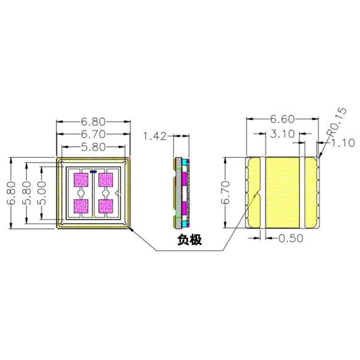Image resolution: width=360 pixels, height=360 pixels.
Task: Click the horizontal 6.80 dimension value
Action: (x=93, y=122)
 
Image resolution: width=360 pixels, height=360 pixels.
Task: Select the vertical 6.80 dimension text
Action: (x=11, y=193)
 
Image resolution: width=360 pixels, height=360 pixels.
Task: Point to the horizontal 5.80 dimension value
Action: (x=94, y=147)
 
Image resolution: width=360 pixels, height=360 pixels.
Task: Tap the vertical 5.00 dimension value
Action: (x=42, y=193)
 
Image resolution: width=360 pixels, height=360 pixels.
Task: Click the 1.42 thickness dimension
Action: (x=155, y=136)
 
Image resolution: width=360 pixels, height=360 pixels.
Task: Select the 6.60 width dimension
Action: (x=282, y=119)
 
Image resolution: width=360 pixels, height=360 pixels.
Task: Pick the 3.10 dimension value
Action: (x=283, y=134)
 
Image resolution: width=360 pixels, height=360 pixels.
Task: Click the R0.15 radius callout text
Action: (x=337, y=122)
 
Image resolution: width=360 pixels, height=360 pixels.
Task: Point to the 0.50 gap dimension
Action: (x=291, y=238)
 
